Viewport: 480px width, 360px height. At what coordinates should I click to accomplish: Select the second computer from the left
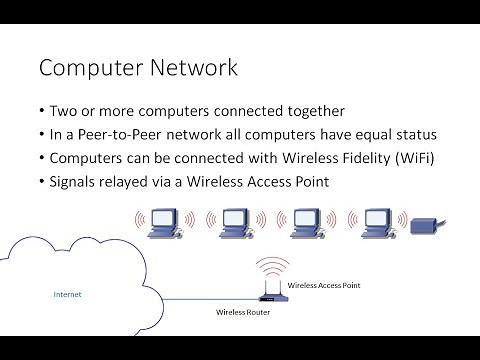point(235,223)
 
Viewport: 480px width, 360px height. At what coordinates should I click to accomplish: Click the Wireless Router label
point(244,313)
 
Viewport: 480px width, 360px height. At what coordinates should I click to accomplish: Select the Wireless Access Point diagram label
point(323,286)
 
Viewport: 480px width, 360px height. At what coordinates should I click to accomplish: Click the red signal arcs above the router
point(270,269)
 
